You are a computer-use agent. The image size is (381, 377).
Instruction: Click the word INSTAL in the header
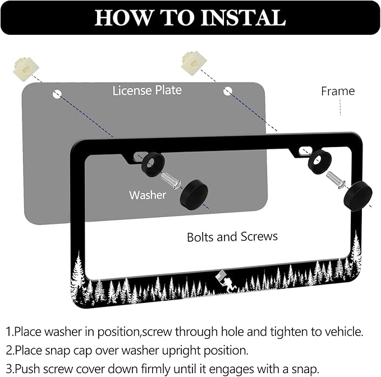point(243,17)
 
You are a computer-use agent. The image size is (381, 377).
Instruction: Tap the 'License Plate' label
point(147,91)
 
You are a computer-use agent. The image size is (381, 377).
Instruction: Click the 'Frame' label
point(338,91)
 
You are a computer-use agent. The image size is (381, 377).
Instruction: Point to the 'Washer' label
point(148,195)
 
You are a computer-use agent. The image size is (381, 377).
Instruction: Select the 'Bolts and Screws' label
point(232,237)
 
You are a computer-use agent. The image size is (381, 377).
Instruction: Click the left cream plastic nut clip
point(26,69)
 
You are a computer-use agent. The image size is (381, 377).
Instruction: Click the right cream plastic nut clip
point(194,63)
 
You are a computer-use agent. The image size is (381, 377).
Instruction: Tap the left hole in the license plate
point(57,94)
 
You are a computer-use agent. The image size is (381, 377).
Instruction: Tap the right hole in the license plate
point(228,91)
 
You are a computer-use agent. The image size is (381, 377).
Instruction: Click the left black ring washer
point(153,164)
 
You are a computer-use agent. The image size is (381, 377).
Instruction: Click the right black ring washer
point(319,162)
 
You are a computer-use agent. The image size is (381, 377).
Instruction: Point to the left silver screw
point(171,181)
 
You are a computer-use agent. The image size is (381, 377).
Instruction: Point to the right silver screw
point(336,180)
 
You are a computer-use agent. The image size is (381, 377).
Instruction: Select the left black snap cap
point(194,195)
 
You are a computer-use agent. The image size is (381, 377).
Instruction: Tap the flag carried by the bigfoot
point(221,277)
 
